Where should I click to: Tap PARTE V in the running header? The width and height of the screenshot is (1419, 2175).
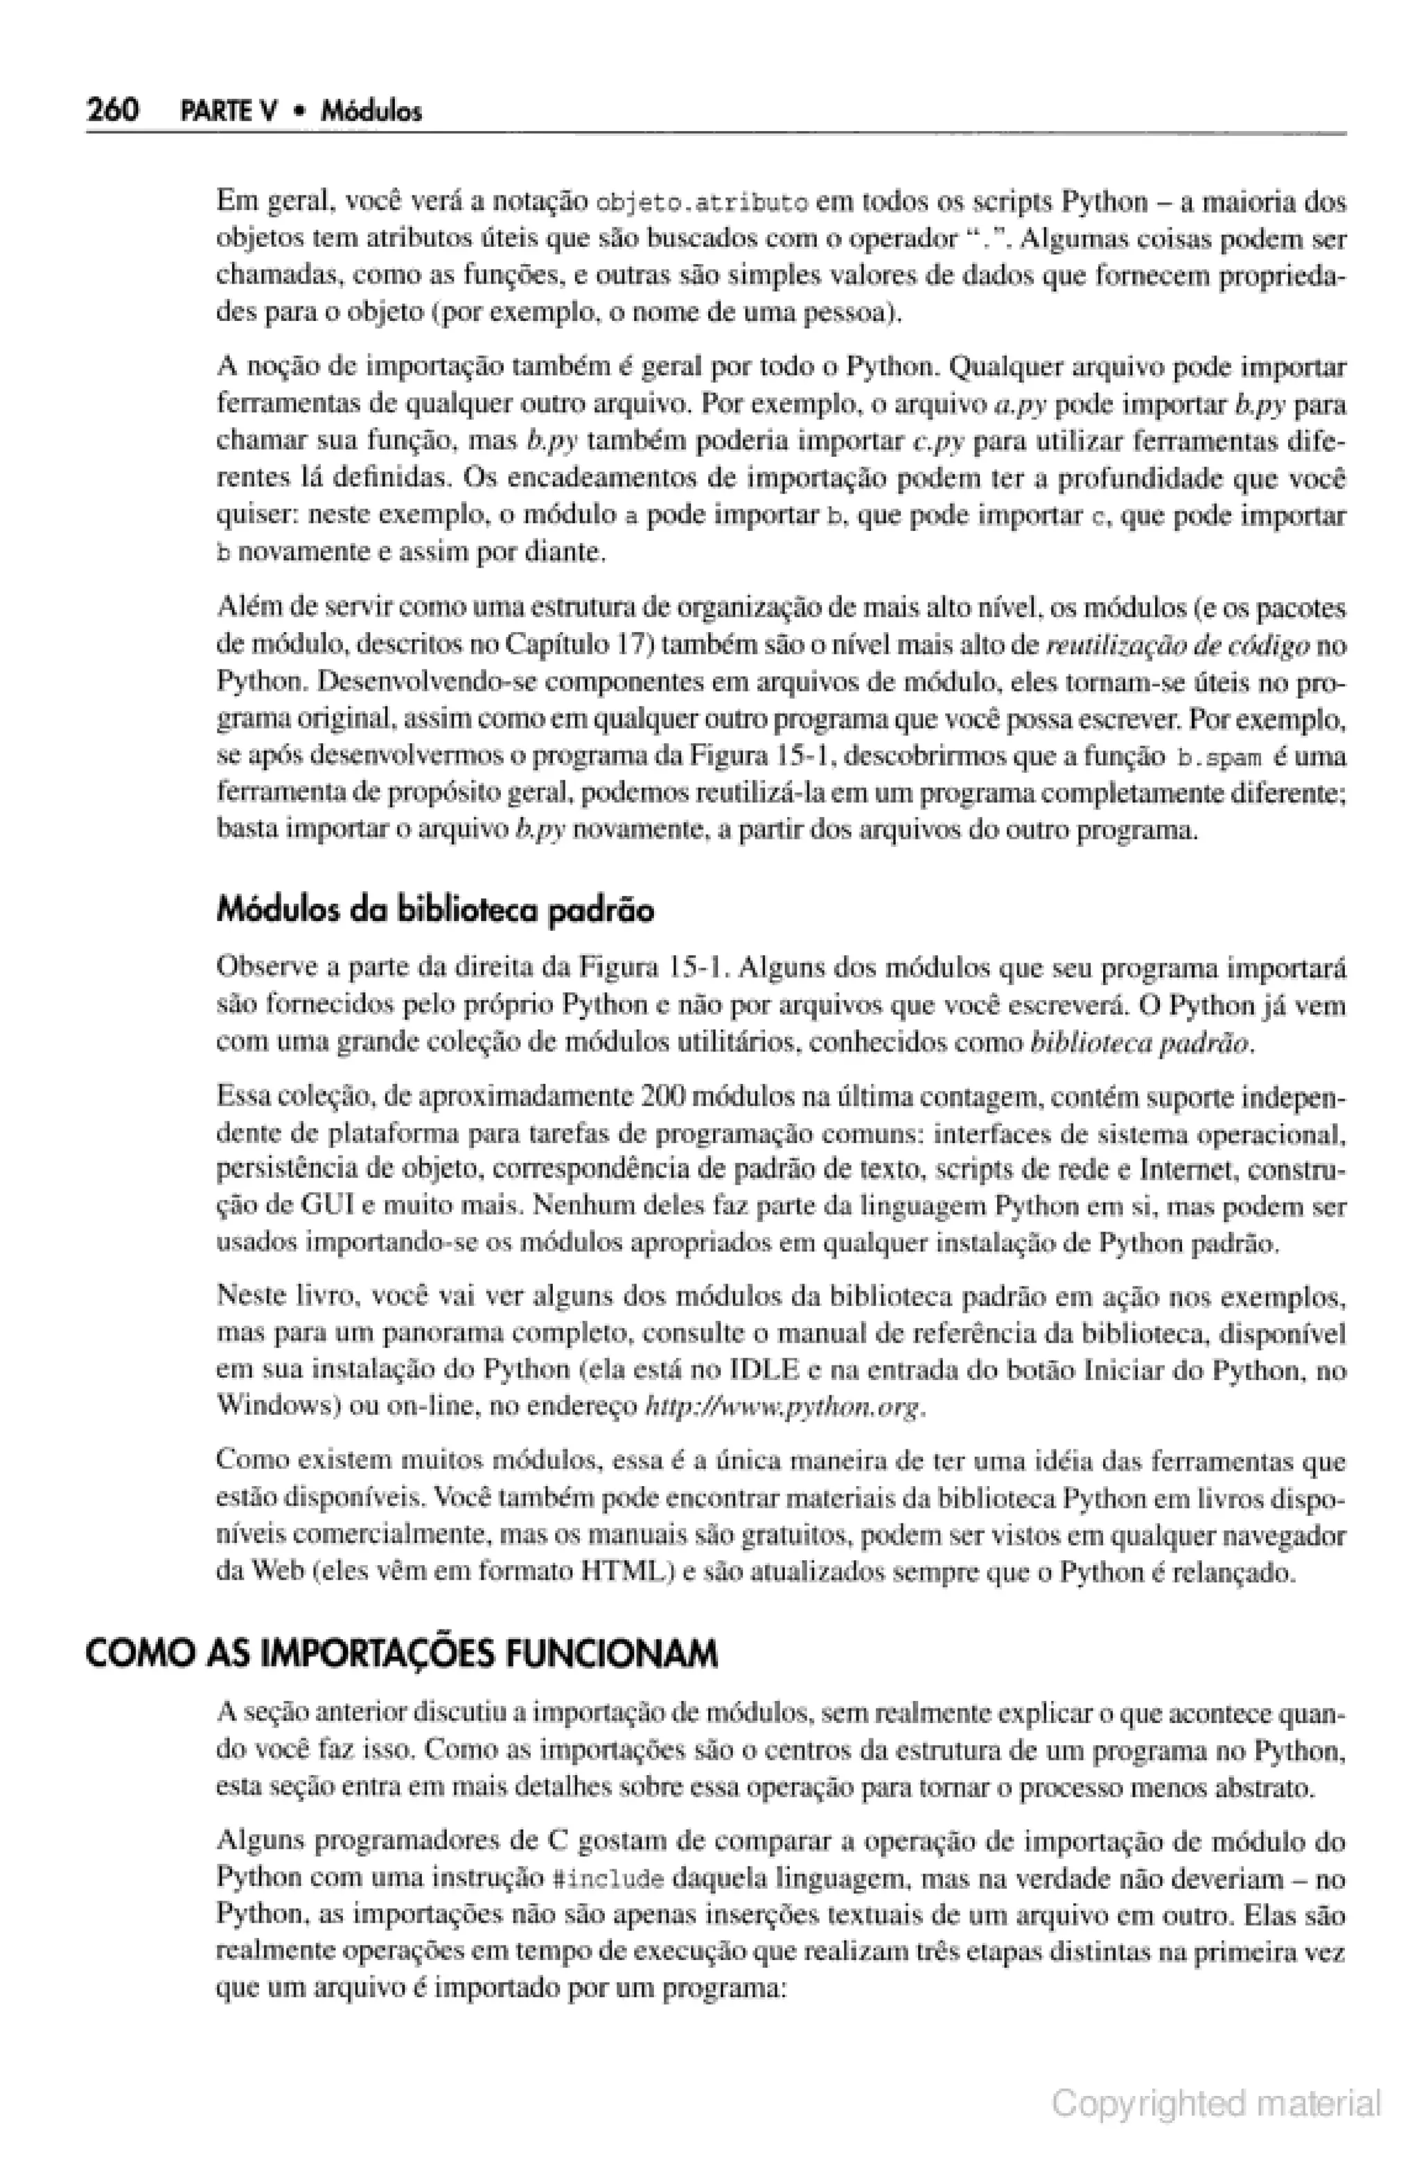pyautogui.click(x=231, y=113)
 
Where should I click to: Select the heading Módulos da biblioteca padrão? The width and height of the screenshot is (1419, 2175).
pyautogui.click(x=435, y=911)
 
